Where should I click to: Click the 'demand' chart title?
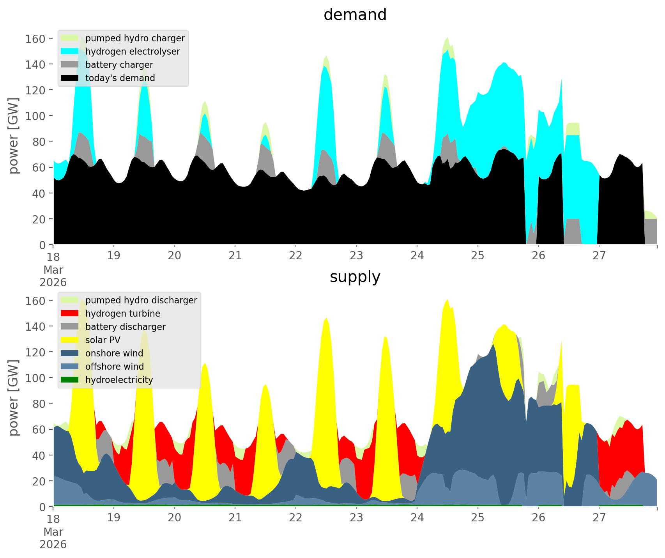355,15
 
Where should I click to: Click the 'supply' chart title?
355,277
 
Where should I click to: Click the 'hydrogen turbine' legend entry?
122,314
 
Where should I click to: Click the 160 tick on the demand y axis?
35,39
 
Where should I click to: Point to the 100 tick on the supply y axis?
35,378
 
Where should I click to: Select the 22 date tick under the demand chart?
296,256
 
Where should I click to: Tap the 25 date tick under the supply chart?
478,518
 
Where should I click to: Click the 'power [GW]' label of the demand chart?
14,136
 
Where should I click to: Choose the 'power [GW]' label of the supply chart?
14,398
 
